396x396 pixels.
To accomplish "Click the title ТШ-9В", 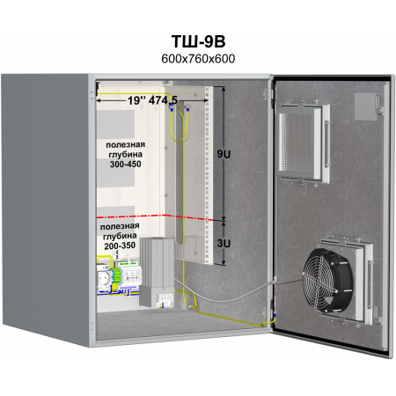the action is tap(198, 41).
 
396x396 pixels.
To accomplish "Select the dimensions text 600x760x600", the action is tap(198, 59).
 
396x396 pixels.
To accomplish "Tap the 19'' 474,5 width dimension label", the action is tap(152, 100).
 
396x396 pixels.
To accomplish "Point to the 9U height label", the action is tap(224, 154).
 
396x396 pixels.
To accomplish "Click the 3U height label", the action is tap(224, 243).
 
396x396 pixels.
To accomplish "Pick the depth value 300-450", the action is tap(126, 164).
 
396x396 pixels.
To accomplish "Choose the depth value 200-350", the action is tap(120, 246).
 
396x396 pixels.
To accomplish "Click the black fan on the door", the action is tap(328, 281).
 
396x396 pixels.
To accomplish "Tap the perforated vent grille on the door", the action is tap(297, 143).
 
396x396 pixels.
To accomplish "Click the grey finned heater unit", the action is tap(157, 272).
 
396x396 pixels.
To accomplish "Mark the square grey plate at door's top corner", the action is tap(365, 106).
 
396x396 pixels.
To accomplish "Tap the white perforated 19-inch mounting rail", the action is tap(209, 175).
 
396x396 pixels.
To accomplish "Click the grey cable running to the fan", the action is tap(235, 294).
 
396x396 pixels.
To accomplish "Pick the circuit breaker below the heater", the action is tap(165, 300).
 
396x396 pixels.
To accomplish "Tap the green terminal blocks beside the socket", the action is tap(116, 275).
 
